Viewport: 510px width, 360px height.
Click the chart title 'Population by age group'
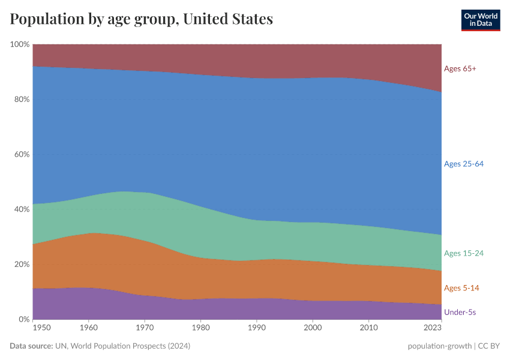(141, 19)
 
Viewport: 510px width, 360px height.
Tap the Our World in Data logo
(480, 20)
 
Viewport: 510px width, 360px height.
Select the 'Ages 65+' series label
(460, 68)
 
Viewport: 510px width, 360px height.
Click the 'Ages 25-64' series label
(464, 164)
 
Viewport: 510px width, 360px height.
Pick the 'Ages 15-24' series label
(464, 253)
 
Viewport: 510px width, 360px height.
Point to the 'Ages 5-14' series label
(461, 288)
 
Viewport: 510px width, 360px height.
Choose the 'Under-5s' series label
(460, 312)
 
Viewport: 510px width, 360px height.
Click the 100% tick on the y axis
(20, 44)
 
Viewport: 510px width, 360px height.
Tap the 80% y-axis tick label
(22, 100)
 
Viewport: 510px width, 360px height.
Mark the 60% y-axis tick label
(22, 154)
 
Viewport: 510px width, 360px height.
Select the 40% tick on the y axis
(22, 209)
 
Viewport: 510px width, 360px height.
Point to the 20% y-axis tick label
(22, 265)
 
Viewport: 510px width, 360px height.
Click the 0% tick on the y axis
(24, 319)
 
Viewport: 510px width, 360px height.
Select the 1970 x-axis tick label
(145, 328)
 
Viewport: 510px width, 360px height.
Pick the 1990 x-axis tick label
(257, 328)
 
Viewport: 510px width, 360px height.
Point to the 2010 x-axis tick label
(368, 328)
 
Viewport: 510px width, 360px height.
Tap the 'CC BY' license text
(488, 346)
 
